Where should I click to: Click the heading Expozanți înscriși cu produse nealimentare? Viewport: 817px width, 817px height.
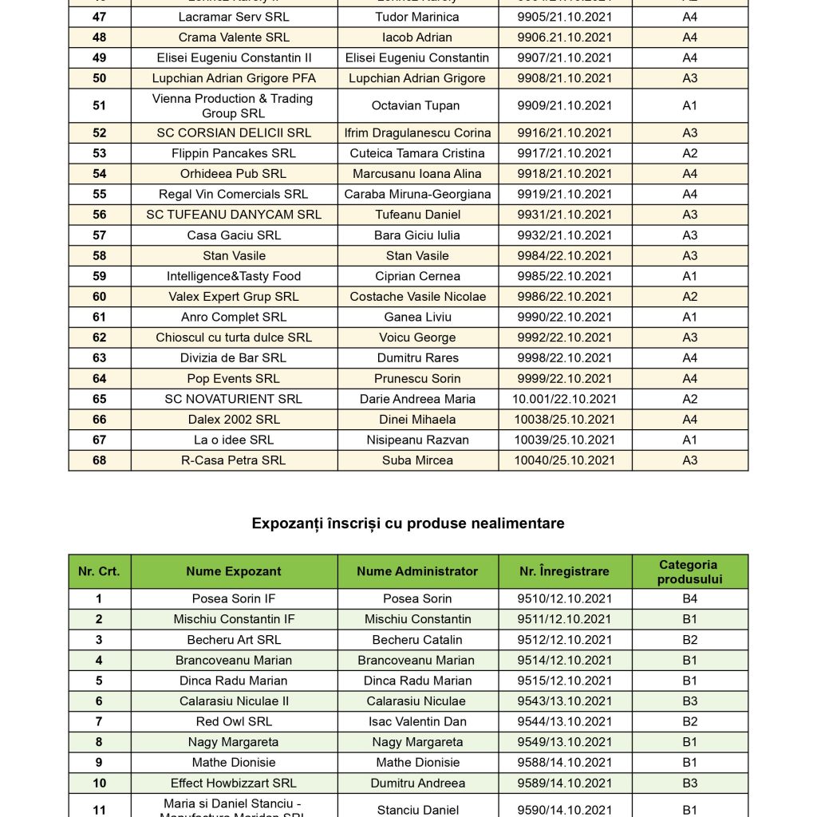[x=408, y=523]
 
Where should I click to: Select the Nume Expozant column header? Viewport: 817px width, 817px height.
[x=234, y=571]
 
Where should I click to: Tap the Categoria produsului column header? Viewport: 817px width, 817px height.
[x=689, y=571]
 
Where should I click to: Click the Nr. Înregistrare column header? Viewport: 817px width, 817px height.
[x=565, y=571]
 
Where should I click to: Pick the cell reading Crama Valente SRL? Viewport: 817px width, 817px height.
[x=234, y=37]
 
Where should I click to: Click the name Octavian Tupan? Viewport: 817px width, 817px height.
[x=417, y=105]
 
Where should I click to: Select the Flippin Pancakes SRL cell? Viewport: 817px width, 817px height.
[x=234, y=153]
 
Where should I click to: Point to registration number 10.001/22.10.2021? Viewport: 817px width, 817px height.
[x=565, y=399]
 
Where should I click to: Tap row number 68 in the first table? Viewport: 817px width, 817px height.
[x=99, y=460]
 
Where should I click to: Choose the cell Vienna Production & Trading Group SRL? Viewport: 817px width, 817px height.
[x=234, y=105]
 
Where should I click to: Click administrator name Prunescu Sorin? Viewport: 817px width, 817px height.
[x=417, y=378]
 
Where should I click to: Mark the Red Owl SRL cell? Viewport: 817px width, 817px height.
[x=234, y=721]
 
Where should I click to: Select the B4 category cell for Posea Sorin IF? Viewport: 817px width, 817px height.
[x=689, y=598]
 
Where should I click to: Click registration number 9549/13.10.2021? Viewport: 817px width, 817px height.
[x=565, y=742]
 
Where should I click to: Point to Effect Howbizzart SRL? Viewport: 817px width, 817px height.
[x=234, y=783]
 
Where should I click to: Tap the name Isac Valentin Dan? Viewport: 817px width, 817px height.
[x=417, y=721]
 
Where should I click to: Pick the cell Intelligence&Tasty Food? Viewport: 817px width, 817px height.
[x=234, y=276]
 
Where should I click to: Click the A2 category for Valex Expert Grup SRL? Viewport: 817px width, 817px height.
[x=689, y=297]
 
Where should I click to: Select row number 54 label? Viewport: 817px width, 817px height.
[x=99, y=174]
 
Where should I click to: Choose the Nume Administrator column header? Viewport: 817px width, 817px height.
[x=417, y=571]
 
